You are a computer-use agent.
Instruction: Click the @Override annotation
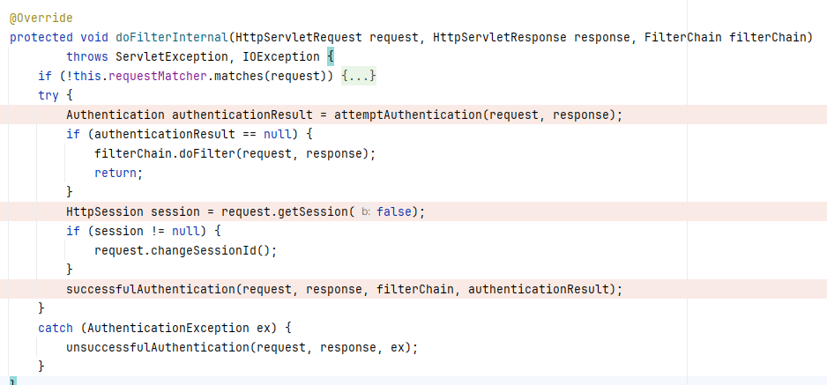41,19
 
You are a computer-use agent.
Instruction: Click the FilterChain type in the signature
682,38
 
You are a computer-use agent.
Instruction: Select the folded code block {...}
359,77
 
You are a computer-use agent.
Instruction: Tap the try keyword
48,96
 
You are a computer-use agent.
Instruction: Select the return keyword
115,174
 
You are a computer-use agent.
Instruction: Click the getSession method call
316,212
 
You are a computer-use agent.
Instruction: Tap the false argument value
393,212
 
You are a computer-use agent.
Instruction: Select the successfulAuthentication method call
150,289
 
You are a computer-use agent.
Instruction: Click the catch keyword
55,328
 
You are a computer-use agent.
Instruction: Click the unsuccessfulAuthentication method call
157,347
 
